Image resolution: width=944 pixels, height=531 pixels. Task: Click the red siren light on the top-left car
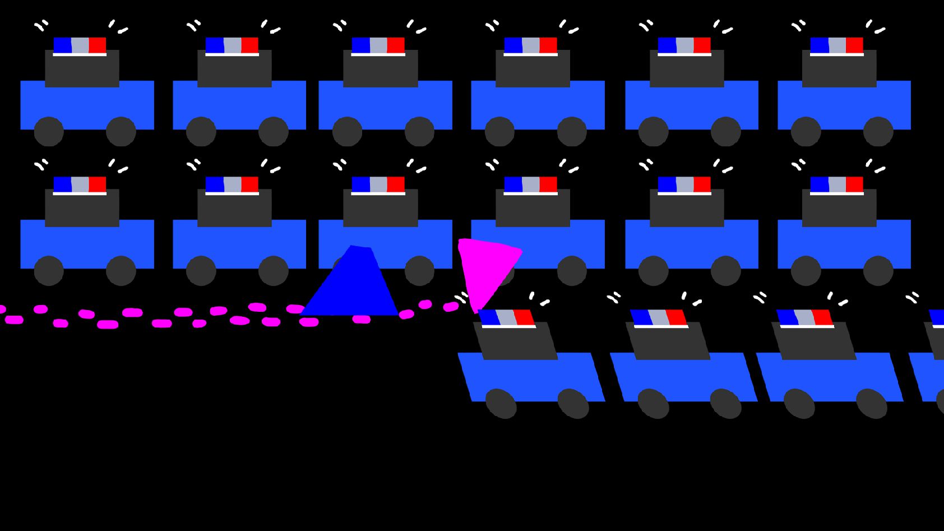point(97,45)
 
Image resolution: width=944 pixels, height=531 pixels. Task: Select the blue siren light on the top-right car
point(819,45)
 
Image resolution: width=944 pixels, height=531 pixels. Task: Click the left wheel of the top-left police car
point(49,131)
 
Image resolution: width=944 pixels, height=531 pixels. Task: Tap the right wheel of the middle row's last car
point(878,270)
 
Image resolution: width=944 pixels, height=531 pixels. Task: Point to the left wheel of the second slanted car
point(653,403)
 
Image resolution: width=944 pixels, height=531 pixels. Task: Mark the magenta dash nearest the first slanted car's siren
point(451,307)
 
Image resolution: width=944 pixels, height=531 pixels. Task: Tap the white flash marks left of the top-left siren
point(41,25)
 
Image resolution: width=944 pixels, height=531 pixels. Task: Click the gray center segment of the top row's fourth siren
point(531,45)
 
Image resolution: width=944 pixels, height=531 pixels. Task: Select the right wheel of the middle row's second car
point(273,270)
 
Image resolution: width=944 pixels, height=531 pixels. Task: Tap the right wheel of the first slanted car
point(573,403)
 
